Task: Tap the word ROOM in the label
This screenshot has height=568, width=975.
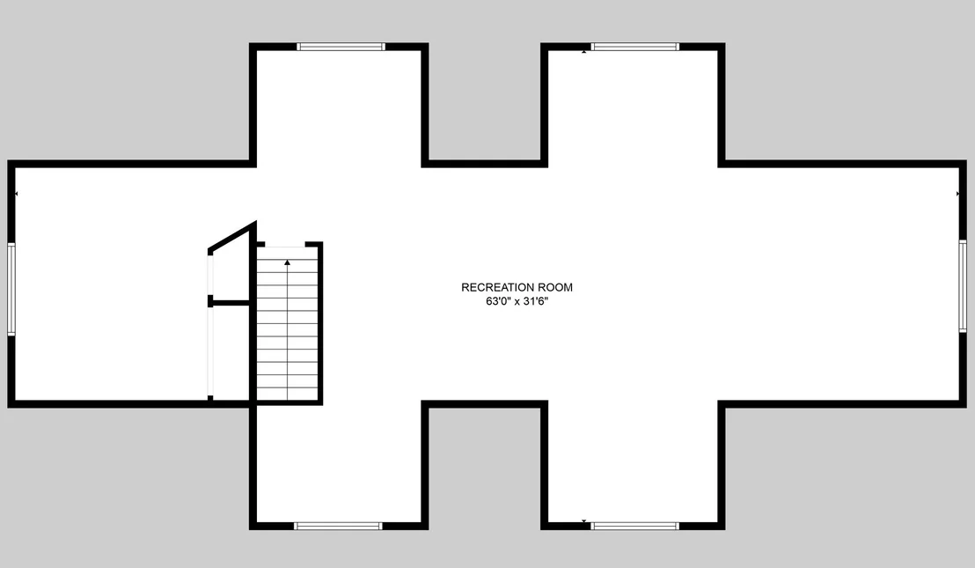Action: coord(555,287)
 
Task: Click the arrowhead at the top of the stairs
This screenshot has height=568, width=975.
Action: coord(287,263)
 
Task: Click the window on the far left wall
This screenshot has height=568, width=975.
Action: coord(11,290)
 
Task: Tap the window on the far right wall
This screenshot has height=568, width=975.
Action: coord(963,286)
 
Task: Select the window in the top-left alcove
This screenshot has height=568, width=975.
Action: coord(341,47)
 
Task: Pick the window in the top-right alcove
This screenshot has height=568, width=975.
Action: coord(634,47)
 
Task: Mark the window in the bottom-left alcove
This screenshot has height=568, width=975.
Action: coord(338,527)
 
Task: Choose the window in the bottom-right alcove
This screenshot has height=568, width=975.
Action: coord(634,527)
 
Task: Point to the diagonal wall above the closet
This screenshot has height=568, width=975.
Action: coord(232,237)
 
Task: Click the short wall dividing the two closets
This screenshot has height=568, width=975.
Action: coord(230,303)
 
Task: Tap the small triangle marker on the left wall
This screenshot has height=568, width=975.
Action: coord(16,194)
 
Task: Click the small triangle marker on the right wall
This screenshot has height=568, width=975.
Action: coord(957,194)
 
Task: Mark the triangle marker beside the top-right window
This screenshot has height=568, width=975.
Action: coord(584,52)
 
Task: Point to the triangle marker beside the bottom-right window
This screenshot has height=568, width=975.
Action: coord(584,520)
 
